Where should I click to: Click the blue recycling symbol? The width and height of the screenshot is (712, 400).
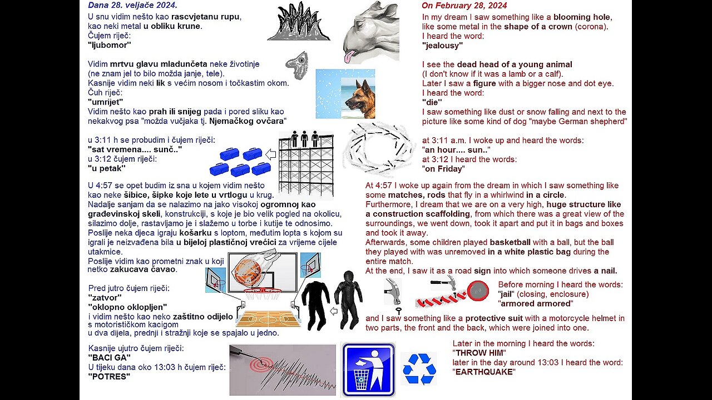419,368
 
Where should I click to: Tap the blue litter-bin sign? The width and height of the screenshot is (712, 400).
368,369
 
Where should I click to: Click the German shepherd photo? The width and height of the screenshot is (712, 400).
345,93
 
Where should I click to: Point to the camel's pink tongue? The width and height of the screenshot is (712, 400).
349,56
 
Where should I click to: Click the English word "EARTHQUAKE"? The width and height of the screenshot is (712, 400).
484,372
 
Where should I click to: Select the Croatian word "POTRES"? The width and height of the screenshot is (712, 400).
109,376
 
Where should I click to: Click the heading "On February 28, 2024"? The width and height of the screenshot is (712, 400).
464,6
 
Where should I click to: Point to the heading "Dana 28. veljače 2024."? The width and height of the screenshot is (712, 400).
132,5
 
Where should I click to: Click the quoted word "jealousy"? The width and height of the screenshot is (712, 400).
442,46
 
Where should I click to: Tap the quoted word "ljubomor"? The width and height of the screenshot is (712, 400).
109,45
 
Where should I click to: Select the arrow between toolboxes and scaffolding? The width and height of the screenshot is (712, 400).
271,154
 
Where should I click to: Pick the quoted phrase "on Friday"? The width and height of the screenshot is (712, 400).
443,169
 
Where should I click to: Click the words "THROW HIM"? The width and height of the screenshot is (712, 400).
479,353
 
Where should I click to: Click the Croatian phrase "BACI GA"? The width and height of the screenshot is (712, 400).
109,357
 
